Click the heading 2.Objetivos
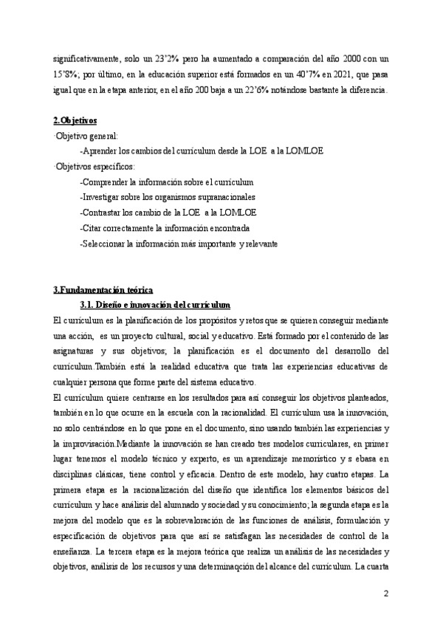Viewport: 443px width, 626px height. (76, 121)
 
